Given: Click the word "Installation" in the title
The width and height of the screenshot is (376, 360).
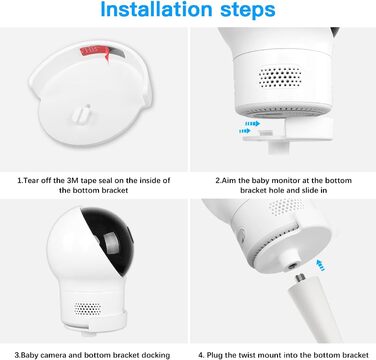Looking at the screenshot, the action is [x=156, y=10].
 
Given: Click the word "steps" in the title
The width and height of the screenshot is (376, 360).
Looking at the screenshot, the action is [x=248, y=11].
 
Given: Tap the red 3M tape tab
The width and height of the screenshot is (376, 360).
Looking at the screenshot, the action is [x=95, y=52].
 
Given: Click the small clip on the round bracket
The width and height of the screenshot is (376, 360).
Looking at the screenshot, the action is [x=82, y=114].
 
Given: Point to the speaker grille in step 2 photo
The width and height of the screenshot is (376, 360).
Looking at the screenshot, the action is [x=280, y=77].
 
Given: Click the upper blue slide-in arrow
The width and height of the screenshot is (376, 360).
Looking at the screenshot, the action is [x=253, y=124].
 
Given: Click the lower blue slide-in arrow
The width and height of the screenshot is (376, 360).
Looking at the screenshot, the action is [x=245, y=131].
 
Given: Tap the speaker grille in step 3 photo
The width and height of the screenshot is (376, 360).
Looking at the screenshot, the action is [x=87, y=309].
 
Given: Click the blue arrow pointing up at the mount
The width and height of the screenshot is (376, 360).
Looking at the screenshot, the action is [x=320, y=265].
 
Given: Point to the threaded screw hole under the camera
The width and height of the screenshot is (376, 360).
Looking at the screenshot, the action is [x=293, y=266].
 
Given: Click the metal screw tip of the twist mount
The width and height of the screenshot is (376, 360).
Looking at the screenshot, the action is [x=299, y=278].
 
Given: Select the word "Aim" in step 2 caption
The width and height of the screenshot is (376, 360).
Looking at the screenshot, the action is [x=229, y=181].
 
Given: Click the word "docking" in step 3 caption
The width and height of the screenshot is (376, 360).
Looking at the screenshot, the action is [x=155, y=355].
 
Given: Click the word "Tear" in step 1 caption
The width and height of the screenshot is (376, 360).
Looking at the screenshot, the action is [x=31, y=181].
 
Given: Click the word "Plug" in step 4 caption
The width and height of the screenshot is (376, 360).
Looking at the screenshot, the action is [x=215, y=355].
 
